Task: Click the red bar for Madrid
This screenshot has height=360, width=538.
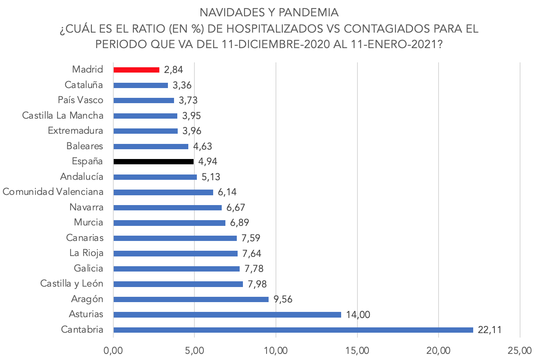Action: tap(136, 70)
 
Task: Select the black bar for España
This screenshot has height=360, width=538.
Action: tap(153, 161)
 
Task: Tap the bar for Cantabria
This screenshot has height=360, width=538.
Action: tap(293, 330)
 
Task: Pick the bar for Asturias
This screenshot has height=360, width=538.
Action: tap(227, 315)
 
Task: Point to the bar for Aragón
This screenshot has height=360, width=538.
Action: tap(191, 299)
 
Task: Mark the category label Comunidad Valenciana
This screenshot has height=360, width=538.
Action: tap(53, 192)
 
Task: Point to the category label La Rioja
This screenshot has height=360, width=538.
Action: tap(86, 253)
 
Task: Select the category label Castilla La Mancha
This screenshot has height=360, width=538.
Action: tap(63, 116)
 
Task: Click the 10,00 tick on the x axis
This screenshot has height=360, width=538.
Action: tap(276, 350)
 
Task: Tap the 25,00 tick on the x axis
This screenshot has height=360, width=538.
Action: tap(520, 350)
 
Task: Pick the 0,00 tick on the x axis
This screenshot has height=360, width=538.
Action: tap(113, 350)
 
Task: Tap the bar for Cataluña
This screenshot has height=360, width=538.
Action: tap(141, 85)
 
